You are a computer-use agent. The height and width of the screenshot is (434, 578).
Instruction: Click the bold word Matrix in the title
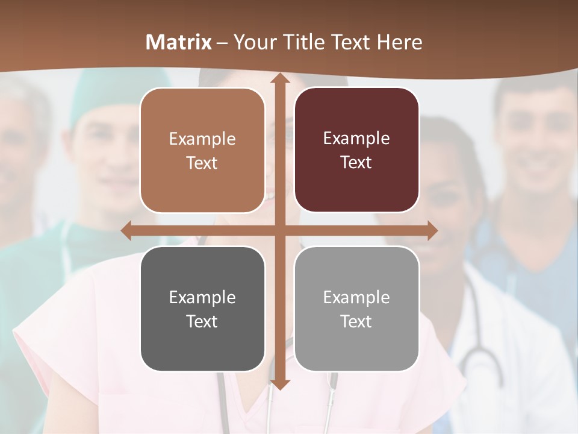tap(179, 42)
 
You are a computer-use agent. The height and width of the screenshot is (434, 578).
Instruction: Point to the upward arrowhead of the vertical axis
tap(279, 80)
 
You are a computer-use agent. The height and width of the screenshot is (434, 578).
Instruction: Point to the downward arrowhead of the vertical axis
tap(279, 384)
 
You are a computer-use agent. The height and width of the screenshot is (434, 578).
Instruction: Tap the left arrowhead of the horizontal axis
tap(127, 230)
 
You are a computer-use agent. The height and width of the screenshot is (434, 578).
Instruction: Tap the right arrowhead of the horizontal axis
tap(431, 230)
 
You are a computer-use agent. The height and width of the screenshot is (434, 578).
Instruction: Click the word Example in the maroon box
tap(356, 138)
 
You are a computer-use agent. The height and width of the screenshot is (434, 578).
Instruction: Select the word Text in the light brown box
tap(202, 163)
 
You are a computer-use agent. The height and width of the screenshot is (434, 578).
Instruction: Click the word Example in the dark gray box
tap(202, 297)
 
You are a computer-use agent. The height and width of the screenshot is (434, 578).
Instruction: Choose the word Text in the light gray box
tap(356, 321)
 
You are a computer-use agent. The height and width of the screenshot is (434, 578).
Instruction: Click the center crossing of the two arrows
tap(279, 230)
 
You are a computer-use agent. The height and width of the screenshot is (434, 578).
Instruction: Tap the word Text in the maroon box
tap(356, 162)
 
